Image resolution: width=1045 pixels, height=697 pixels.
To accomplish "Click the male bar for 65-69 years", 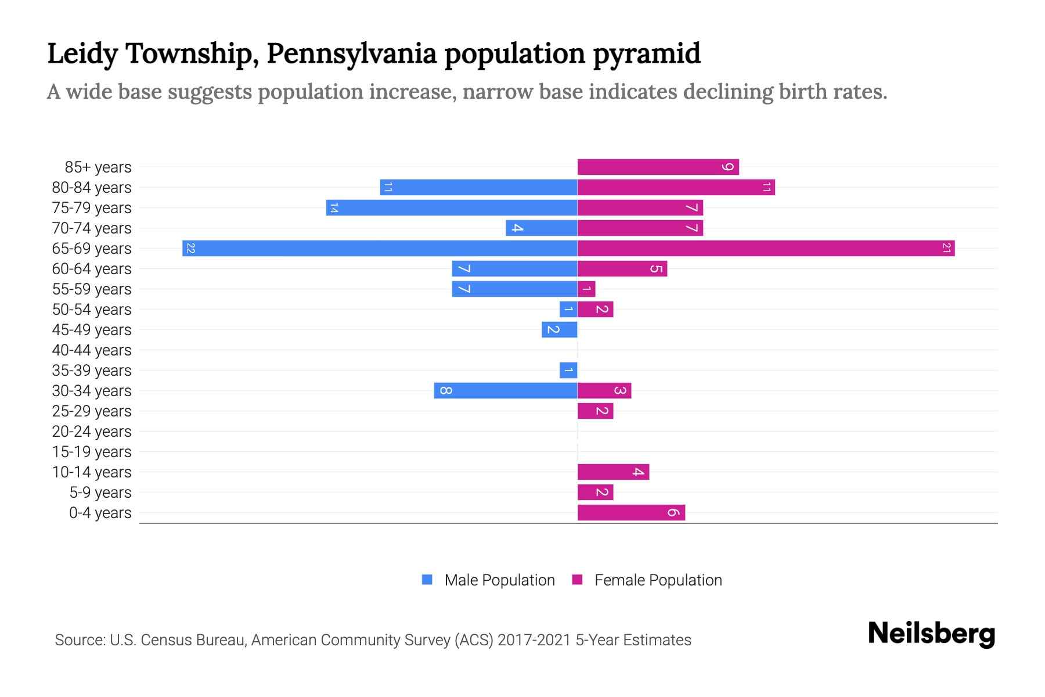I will (x=380, y=248).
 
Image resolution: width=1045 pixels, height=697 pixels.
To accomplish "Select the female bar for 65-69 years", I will (x=766, y=248).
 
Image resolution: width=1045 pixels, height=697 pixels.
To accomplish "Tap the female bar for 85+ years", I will (x=658, y=167).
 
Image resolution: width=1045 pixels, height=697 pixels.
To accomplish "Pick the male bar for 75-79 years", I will (x=452, y=208).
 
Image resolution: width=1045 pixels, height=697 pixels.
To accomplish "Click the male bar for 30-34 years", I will (x=506, y=390).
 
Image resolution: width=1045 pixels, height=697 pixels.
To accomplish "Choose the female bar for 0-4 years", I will (x=631, y=512).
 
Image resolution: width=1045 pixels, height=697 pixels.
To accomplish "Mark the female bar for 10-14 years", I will (x=613, y=472).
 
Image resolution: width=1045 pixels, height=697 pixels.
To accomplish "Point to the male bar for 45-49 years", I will (x=560, y=329).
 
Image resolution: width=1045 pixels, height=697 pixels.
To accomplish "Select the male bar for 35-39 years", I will (x=568, y=370).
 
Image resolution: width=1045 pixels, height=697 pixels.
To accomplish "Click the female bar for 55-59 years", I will (x=586, y=289).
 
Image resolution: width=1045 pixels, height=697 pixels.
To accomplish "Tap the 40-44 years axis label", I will (x=92, y=350).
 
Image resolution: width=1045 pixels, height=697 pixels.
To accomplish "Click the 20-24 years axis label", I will (x=92, y=432).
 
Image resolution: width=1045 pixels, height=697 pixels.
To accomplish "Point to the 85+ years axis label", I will (x=98, y=167).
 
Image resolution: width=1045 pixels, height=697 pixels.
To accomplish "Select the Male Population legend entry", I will (x=499, y=580).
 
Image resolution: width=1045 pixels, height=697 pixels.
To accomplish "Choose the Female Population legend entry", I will (x=657, y=580).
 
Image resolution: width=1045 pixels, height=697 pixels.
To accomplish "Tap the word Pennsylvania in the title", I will (x=351, y=53).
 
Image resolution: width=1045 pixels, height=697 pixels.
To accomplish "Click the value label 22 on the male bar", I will (x=190, y=248).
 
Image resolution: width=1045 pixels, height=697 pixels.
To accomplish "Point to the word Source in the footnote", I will (x=79, y=640).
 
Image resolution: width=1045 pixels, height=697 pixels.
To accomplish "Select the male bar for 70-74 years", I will (x=541, y=228).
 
